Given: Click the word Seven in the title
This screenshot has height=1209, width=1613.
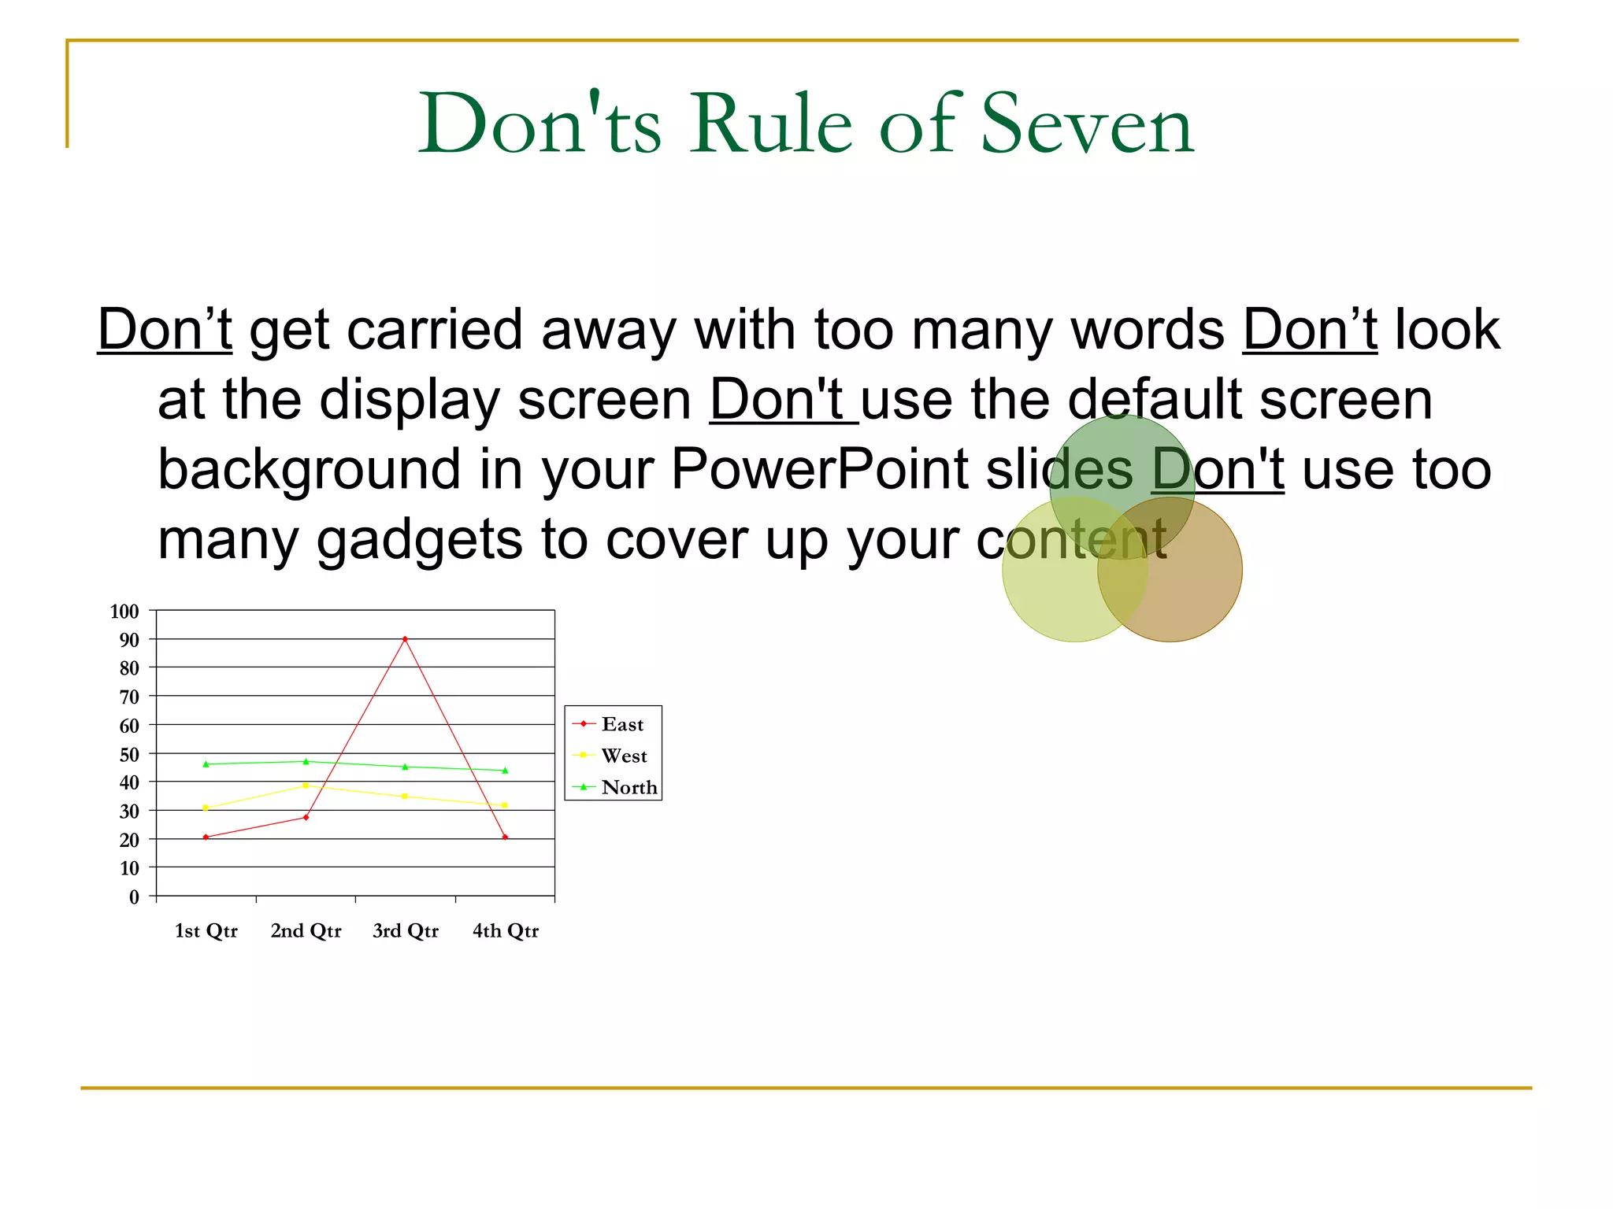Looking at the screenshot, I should [x=1088, y=124].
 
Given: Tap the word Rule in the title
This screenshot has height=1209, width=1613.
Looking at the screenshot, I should [x=771, y=124].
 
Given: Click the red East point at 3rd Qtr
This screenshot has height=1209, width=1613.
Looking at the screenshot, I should [x=405, y=639].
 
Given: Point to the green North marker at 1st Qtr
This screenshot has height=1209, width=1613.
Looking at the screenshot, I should [x=206, y=763].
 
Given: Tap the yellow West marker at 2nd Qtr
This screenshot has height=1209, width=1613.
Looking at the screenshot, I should [x=306, y=786].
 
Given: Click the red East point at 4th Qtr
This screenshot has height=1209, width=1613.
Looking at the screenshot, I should [x=505, y=837].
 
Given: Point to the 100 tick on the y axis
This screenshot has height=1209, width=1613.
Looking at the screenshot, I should [x=124, y=612].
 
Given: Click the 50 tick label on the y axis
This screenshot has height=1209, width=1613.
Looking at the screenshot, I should [x=129, y=754].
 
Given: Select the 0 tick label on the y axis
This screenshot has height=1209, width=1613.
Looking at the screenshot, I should [x=134, y=897].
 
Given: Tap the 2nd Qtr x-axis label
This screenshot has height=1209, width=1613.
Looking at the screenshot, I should [x=306, y=931].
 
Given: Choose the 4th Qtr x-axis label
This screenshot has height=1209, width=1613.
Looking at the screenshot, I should [x=505, y=931].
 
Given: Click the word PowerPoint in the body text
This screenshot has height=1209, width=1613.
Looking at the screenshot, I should [x=819, y=470].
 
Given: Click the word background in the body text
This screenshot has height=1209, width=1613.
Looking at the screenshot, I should [x=308, y=470].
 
